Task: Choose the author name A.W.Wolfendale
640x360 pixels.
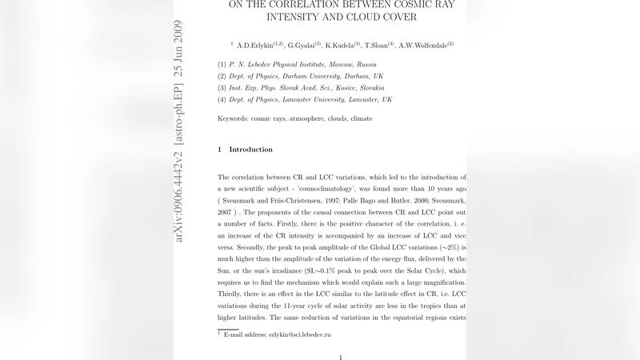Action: pos(425,45)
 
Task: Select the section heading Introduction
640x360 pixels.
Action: pos(250,150)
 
